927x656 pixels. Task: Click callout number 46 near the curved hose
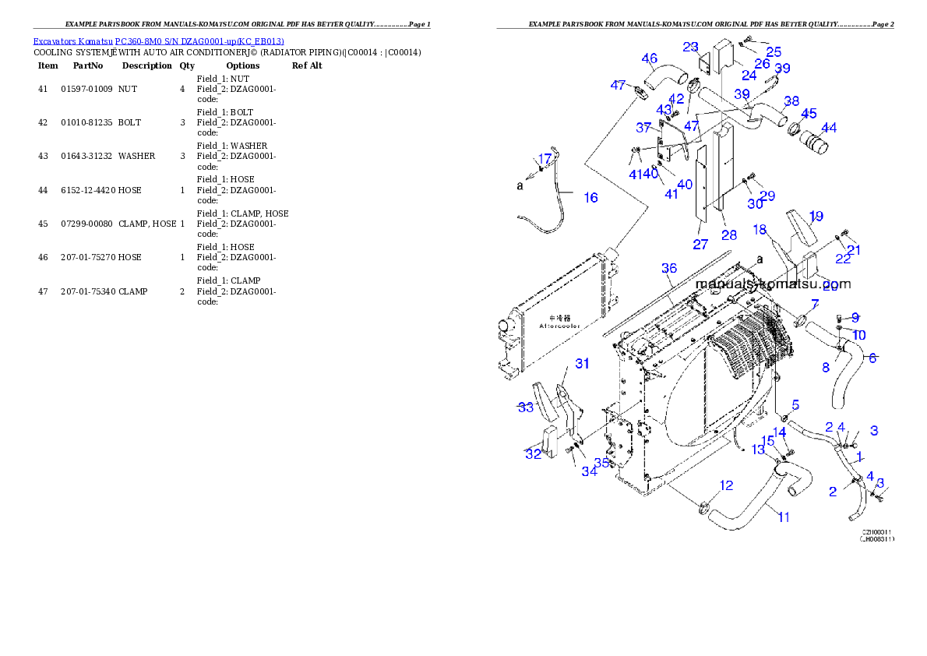click(649, 58)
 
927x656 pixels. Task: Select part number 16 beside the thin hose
click(591, 198)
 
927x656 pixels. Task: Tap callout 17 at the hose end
click(545, 159)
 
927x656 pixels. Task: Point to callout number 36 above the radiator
click(669, 268)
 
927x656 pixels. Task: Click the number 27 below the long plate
click(700, 245)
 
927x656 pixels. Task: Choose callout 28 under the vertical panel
click(728, 235)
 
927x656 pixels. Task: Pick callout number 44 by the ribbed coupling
click(829, 128)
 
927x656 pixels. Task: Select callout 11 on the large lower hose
click(783, 517)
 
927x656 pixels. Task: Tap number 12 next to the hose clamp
click(726, 486)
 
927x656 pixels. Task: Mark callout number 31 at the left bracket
click(582, 364)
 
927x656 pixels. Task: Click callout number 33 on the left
click(526, 407)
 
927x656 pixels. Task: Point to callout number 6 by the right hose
click(872, 358)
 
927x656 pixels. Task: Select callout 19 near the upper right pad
click(816, 216)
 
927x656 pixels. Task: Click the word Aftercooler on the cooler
click(559, 326)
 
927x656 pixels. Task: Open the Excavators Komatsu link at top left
click(158, 41)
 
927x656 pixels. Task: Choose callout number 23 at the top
click(690, 47)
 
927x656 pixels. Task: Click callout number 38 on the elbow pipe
click(791, 101)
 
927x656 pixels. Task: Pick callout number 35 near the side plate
click(601, 462)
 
